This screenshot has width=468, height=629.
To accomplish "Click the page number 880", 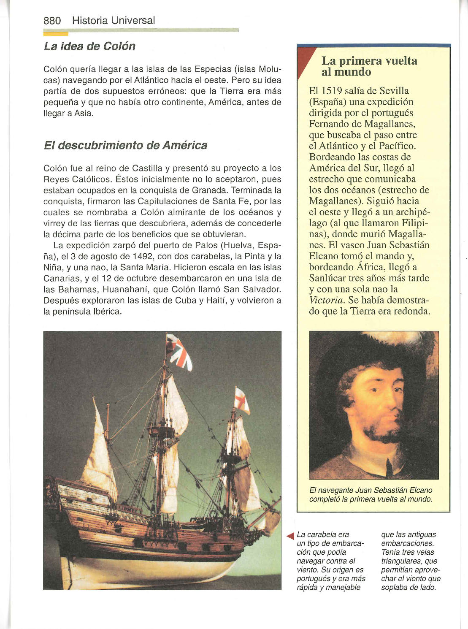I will pyautogui.click(x=52, y=20).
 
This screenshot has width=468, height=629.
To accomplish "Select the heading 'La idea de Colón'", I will pyautogui.click(x=89, y=46).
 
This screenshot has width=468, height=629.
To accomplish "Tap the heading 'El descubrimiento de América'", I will pyautogui.click(x=125, y=145).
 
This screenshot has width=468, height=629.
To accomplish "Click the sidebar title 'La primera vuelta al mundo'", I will pyautogui.click(x=369, y=66).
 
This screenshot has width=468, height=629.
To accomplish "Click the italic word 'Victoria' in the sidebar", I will pyautogui.click(x=327, y=300).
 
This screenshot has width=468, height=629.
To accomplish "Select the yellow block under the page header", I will pyautogui.click(x=56, y=33).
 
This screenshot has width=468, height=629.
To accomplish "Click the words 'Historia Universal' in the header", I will pyautogui.click(x=114, y=20).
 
